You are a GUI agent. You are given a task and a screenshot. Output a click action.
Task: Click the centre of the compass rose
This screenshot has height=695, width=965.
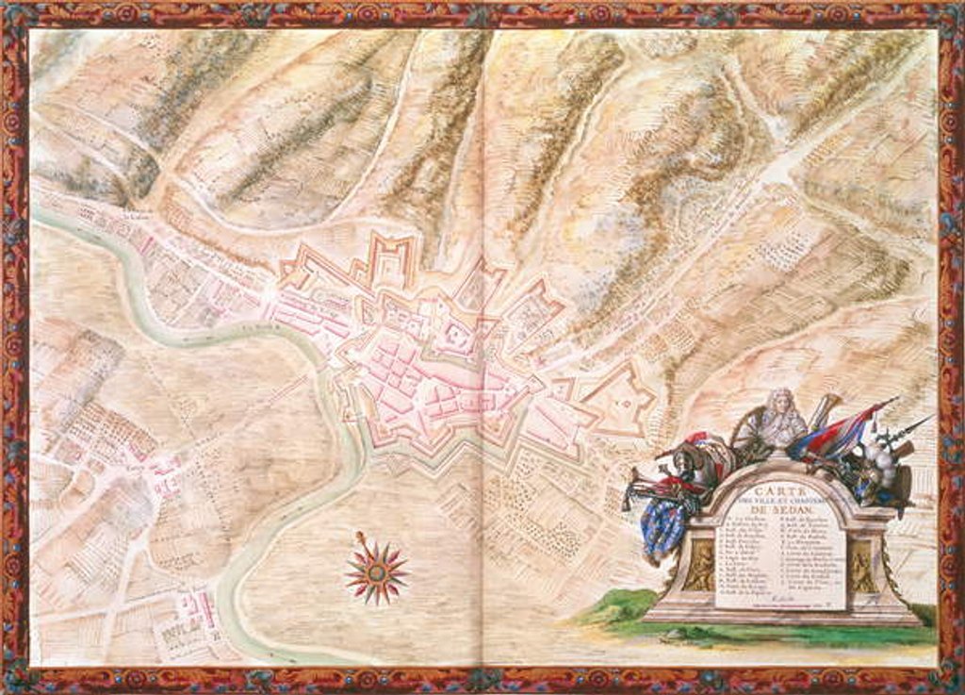point(375,570)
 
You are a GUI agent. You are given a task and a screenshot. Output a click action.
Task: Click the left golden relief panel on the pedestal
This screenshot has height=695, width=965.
point(699,567)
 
